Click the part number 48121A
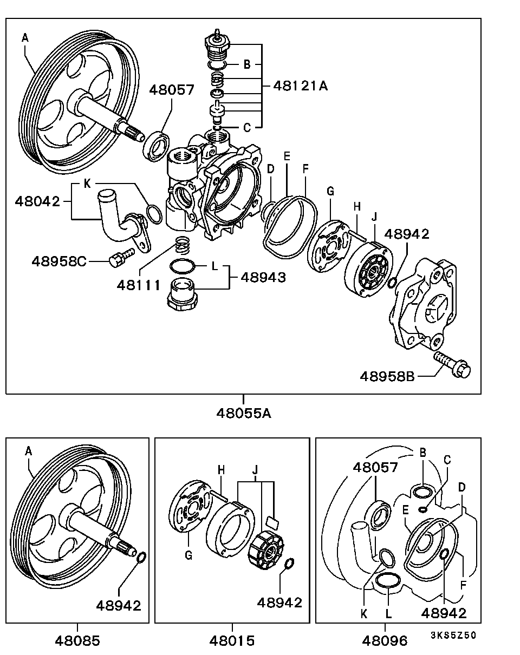pos(300,86)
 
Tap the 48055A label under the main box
pos(243,413)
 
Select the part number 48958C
pos(58,261)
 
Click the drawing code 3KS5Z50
pos(453,636)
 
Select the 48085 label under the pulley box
pos(77,640)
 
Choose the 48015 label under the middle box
pos(232,640)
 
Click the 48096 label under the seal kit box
pos(385,640)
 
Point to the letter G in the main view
pos(330,191)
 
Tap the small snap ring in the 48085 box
pos(140,557)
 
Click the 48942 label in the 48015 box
pos(279,602)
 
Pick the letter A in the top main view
pos(25,37)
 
